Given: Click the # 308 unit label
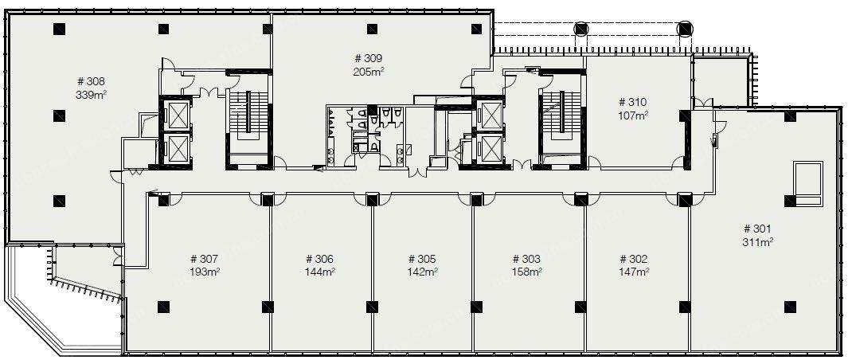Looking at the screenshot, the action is (x=92, y=81).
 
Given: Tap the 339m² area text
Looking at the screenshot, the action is (x=92, y=95).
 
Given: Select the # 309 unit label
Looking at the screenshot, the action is (x=369, y=58).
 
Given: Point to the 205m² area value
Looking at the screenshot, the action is (x=369, y=72).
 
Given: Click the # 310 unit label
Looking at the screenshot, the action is (x=633, y=102).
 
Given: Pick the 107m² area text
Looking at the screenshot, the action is (x=633, y=115).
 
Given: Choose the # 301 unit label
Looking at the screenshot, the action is (x=757, y=229).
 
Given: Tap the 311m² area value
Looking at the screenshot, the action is (x=757, y=243).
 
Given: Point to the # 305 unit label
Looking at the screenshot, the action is (x=422, y=259).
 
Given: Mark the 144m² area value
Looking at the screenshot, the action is (x=319, y=272).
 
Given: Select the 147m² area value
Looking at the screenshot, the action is (x=634, y=272).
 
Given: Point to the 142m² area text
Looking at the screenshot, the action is (x=422, y=272).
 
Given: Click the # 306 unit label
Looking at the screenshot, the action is (x=319, y=259).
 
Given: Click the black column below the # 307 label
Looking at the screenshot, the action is (x=163, y=307).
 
